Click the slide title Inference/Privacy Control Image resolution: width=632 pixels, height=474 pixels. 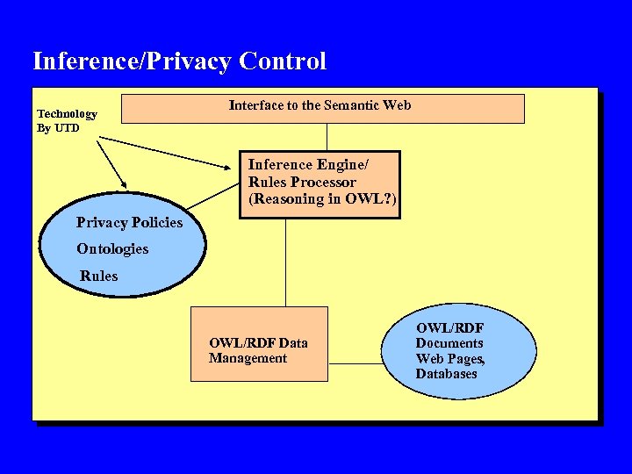tap(179, 61)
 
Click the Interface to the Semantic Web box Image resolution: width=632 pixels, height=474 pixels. tap(321, 108)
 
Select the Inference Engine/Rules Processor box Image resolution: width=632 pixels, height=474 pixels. tap(320, 183)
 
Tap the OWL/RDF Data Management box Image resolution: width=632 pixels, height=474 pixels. tap(259, 344)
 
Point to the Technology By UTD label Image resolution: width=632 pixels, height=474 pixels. tap(67, 121)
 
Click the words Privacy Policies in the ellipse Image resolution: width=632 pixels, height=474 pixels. tap(129, 223)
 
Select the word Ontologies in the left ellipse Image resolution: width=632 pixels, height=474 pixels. tap(112, 249)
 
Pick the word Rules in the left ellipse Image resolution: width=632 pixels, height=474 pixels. tap(98, 276)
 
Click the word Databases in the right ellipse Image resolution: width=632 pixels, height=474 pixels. tap(446, 374)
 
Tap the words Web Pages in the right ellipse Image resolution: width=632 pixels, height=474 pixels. tap(450, 359)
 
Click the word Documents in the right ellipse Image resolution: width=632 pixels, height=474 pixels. tap(449, 343)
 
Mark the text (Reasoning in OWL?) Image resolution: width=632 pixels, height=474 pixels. tap(322, 199)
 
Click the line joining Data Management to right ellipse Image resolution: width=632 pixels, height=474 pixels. tap(355, 363)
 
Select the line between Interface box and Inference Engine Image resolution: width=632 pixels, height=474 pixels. tap(327, 137)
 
